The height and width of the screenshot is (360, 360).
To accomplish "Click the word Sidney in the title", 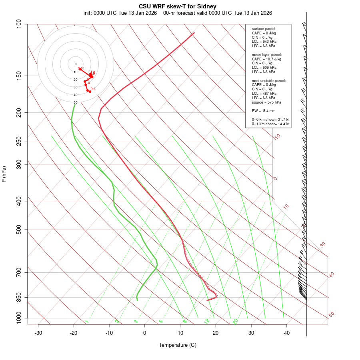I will click(207, 6).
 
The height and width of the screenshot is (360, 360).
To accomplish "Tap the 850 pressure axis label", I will click(19, 298).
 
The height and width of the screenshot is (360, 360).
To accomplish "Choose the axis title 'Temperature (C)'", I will click(178, 345).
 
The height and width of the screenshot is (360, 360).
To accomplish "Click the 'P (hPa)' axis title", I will click(4, 174).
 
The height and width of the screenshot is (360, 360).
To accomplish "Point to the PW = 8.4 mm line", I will click(264, 110).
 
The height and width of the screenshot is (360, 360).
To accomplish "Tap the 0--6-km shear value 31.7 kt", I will click(282, 119).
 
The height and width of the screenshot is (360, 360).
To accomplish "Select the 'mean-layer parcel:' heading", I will click(267, 54).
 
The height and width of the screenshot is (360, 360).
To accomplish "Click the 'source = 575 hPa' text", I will click(266, 102).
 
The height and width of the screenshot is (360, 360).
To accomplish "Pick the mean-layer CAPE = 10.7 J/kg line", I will click(266, 59).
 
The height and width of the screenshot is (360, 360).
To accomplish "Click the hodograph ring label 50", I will click(75, 102).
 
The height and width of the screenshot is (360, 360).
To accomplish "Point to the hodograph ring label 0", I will click(75, 64).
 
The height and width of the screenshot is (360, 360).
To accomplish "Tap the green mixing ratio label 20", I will click(236, 321).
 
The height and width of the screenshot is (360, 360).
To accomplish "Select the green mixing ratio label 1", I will click(87, 321).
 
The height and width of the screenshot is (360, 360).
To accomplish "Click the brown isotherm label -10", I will click(277, 137).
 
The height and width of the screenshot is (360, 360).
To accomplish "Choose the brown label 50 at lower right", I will click(331, 315).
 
